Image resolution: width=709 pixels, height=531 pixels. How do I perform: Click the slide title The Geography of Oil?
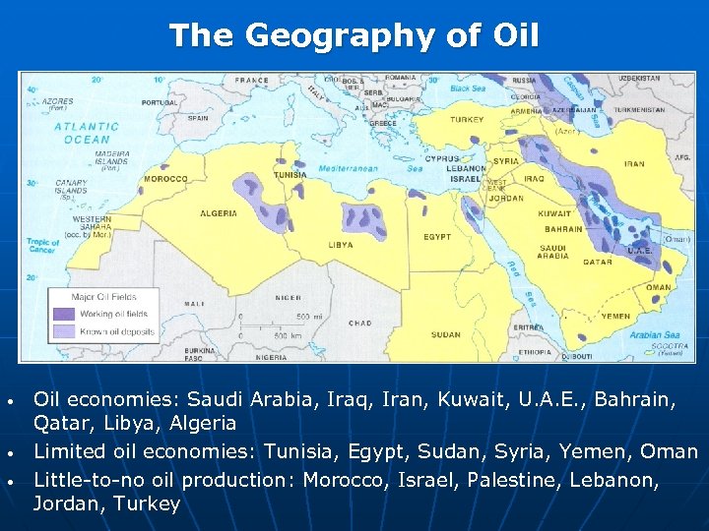click(x=354, y=36)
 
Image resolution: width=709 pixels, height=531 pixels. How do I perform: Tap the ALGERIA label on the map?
click(x=219, y=213)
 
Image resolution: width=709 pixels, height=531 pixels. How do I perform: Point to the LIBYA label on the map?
click(x=341, y=245)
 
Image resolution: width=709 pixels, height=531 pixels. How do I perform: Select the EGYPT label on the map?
click(x=437, y=237)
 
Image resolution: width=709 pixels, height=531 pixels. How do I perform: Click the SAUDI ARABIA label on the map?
click(x=552, y=252)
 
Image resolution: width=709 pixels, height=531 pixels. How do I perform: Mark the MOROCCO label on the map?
click(x=165, y=179)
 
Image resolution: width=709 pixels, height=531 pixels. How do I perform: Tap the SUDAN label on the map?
click(x=446, y=334)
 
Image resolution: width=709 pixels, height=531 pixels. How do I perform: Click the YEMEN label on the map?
click(x=615, y=317)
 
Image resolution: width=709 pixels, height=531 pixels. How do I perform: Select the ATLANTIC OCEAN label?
click(x=88, y=133)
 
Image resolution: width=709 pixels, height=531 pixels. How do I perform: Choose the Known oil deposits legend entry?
click(x=118, y=332)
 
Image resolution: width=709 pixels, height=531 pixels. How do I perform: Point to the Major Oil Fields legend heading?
click(x=103, y=296)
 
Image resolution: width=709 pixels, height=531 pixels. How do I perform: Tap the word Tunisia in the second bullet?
click(x=300, y=451)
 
